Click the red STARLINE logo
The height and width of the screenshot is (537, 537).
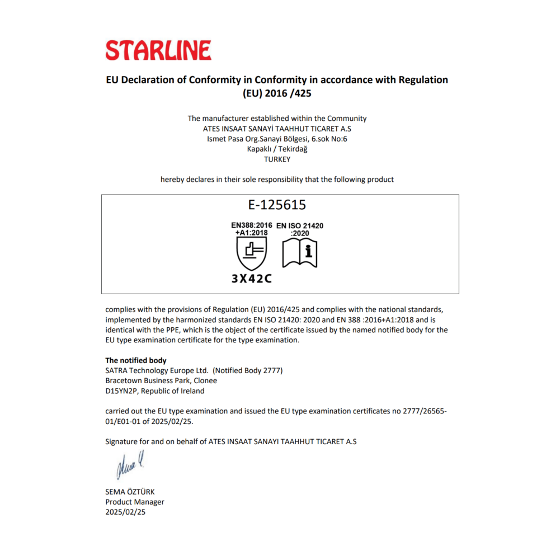coord(158,50)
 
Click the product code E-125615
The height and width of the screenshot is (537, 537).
coord(277,205)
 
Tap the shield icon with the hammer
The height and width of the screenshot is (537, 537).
coord(252,253)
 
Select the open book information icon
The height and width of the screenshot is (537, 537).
coord(300,253)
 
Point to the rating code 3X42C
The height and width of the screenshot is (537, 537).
coord(252,279)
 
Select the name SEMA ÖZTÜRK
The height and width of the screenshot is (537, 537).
coord(130,492)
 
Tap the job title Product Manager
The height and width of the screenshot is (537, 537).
coord(135,502)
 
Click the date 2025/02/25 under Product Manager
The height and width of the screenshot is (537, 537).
coord(126,512)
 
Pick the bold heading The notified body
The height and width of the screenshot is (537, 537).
coord(136,360)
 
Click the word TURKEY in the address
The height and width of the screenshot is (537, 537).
coord(277,159)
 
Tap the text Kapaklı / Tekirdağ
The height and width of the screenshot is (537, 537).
coord(277,149)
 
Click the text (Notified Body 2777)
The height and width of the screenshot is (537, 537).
coord(248,370)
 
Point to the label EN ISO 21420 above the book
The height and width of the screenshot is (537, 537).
coord(300,226)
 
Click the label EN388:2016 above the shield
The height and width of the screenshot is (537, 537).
coord(252,225)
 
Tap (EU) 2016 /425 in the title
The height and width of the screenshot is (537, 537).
coord(277,94)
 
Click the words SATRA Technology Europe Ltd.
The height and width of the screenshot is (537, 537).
coord(157,370)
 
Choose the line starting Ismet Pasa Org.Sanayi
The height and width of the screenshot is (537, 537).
coord(277,139)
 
